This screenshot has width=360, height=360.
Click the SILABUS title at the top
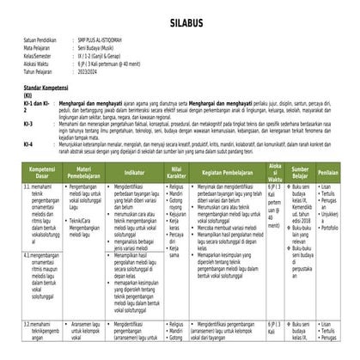[180, 18]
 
